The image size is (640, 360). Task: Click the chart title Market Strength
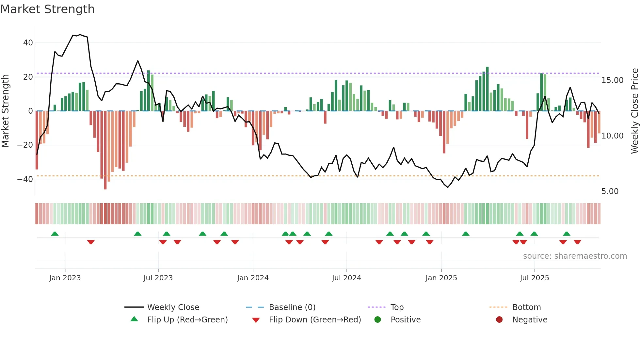pos(47,9)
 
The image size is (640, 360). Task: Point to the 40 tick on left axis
pos(28,43)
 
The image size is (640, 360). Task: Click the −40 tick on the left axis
pos(25,179)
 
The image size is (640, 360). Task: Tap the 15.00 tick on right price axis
pos(612,80)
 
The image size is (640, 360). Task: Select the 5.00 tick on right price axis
pos(610,191)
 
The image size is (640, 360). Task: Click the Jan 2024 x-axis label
pos(253,278)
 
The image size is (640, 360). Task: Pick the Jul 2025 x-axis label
pos(534,278)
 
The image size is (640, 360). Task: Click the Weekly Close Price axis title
pos(634,111)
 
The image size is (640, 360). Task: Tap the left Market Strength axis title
pos(5,111)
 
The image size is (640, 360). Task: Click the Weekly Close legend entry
pos(173,307)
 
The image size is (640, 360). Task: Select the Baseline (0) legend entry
pos(292,307)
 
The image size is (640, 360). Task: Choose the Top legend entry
pos(397,307)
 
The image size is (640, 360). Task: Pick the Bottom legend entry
pos(526,307)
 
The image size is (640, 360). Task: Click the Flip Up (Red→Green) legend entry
pos(187,320)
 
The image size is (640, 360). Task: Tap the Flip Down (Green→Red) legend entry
pos(315,320)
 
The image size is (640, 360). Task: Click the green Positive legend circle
pos(378,319)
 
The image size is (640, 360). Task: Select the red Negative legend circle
pos(499,319)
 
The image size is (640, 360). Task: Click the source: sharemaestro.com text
pos(575,256)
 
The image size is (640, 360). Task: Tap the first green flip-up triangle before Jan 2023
pos(55,234)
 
